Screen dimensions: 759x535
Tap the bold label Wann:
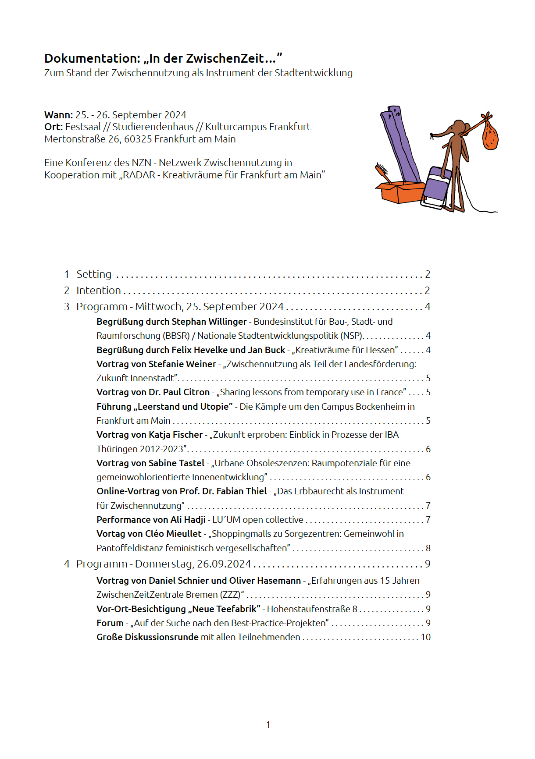coord(58,115)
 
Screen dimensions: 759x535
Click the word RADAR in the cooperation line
coord(139,175)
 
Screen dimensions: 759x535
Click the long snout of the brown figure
coord(441,132)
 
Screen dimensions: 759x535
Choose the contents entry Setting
coord(94,274)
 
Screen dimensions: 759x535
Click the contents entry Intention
coord(98,291)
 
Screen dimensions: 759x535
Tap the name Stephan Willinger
coord(209,322)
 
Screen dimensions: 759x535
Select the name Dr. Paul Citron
coord(179,392)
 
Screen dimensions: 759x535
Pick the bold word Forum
coord(110,623)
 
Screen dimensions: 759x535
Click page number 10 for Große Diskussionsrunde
coord(425,637)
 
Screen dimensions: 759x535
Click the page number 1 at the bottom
coord(268,725)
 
